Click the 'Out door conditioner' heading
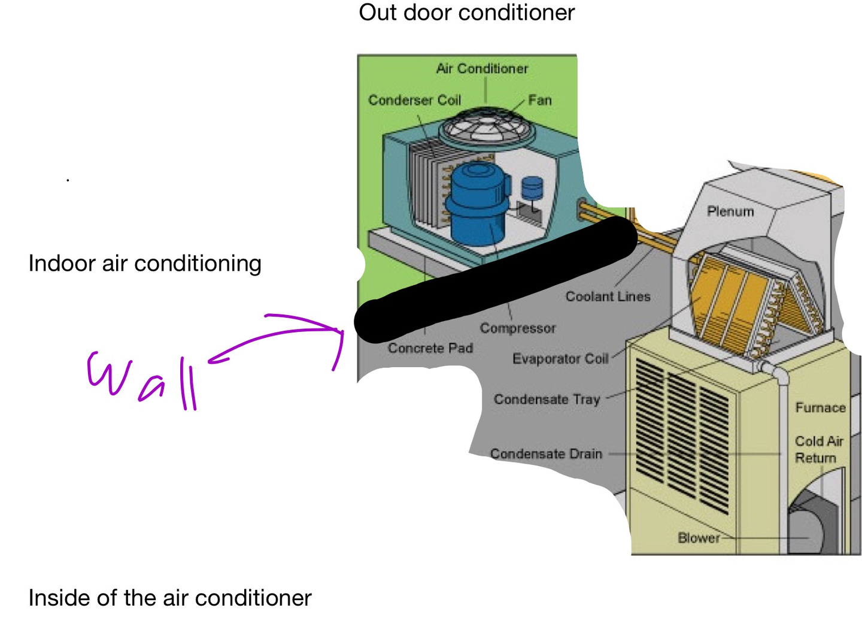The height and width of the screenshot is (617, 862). coord(466,13)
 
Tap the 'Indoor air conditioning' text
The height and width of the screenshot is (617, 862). coord(145,264)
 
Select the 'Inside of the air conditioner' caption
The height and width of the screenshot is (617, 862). coord(170,598)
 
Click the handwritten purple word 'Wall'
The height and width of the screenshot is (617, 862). coord(142,380)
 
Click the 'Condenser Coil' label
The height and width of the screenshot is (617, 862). coord(414,100)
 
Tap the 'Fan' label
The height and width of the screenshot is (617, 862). coord(539,100)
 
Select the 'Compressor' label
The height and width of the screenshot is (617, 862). coord(518,328)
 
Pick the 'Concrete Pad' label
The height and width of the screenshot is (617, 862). coord(430,348)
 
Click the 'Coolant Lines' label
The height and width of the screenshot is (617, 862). coord(608,297)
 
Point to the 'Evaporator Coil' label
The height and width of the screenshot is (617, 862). coord(560,359)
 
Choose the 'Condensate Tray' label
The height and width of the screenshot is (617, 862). coord(547,400)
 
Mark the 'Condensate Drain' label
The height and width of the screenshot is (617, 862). coord(546,454)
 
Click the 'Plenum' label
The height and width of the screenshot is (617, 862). coord(730,211)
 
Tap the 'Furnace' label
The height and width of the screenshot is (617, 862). coord(820,408)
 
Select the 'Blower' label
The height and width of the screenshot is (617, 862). coord(699,538)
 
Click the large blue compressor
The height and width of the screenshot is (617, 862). coord(477,204)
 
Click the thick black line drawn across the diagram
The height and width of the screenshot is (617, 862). coord(497,279)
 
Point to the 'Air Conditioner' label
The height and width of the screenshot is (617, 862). coord(482,69)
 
